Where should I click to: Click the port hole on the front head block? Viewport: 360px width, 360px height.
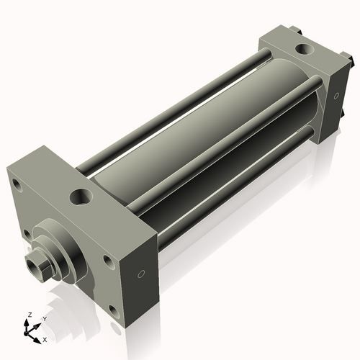click(x=81, y=196)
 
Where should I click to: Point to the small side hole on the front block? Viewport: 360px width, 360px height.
click(x=142, y=274)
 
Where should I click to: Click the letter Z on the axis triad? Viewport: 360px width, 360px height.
click(x=28, y=315)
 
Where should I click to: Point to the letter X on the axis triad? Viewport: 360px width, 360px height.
click(x=45, y=338)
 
